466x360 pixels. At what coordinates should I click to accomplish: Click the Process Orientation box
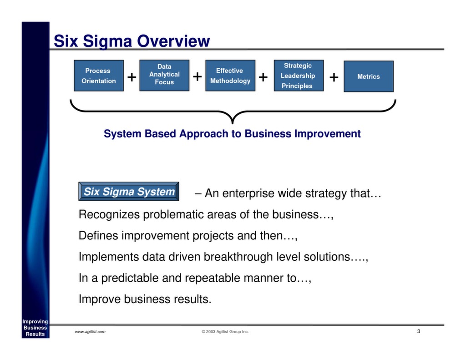coord(98,76)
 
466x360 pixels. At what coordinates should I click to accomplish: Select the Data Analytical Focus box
coord(164,75)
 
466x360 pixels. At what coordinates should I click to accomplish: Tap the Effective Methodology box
coord(230,76)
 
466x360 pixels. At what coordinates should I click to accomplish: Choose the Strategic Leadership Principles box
coord(299,76)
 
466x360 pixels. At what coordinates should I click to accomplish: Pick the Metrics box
coord(368,76)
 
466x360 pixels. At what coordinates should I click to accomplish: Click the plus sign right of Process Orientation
coord(132,77)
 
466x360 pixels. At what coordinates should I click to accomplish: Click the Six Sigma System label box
coord(129,192)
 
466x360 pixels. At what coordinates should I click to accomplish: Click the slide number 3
coord(418,331)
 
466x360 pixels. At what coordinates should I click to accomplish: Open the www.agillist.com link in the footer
coord(90,332)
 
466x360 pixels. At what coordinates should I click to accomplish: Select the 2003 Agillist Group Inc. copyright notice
coord(225,332)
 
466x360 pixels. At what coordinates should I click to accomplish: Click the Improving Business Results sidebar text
coord(35,328)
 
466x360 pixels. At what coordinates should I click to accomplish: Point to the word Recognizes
coord(110,214)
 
